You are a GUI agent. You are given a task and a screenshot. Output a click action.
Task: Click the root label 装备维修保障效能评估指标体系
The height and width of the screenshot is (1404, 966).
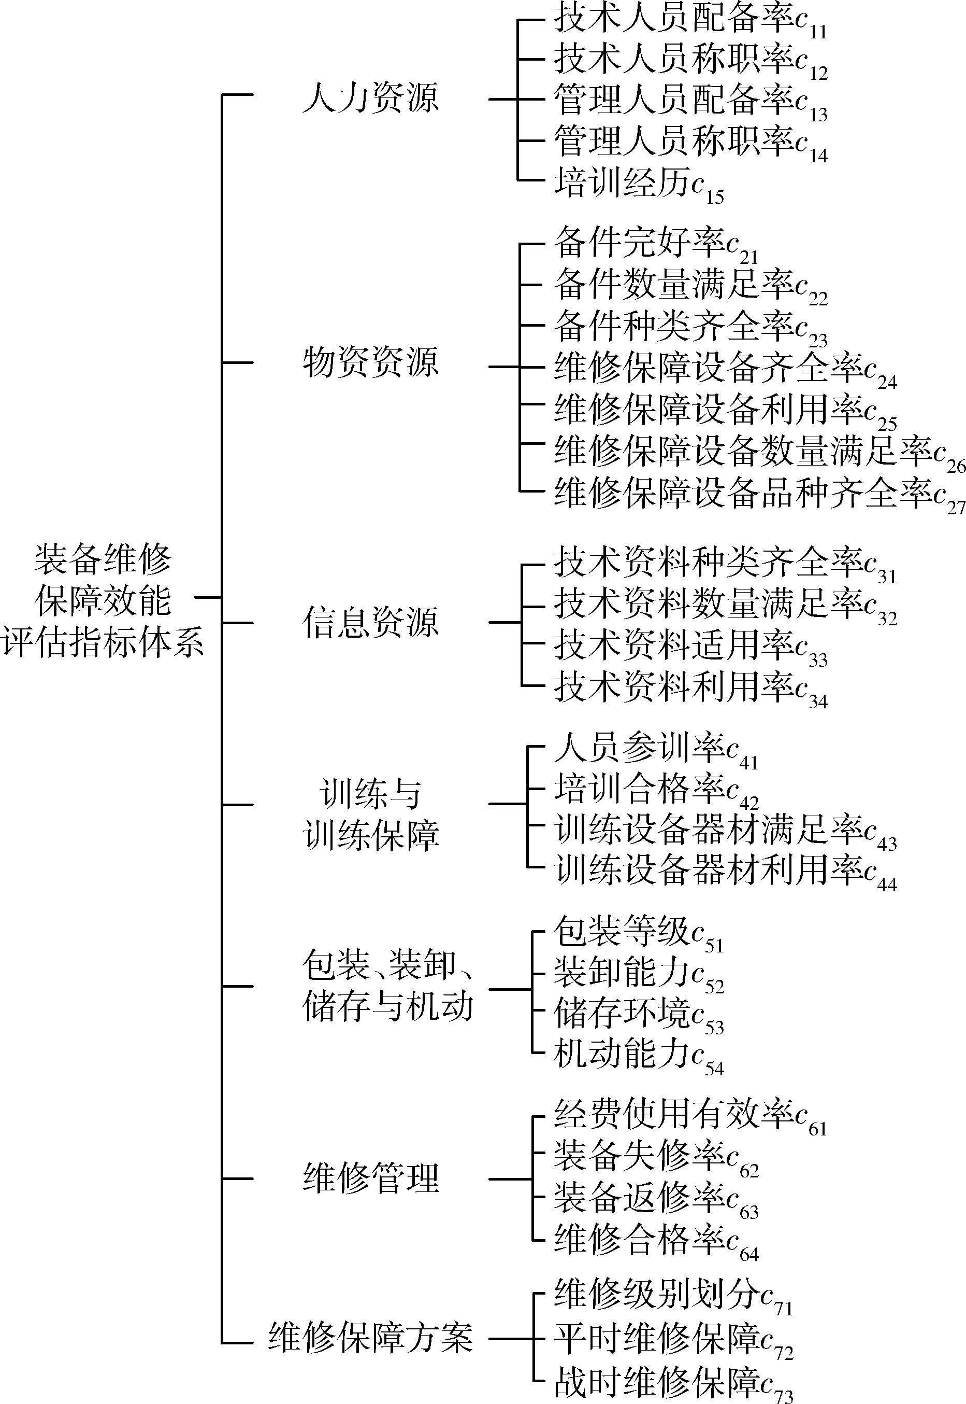click(103, 600)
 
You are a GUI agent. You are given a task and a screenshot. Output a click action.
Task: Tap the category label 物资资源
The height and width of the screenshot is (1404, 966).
click(370, 363)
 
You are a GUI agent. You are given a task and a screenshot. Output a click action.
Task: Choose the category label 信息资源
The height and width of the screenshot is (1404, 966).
click(370, 623)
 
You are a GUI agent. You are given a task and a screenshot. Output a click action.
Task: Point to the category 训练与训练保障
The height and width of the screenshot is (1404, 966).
click(370, 815)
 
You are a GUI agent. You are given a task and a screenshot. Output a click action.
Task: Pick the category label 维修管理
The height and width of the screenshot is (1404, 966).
click(370, 1178)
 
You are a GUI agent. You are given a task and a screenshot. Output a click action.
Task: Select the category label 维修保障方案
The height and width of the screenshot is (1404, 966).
click(370, 1337)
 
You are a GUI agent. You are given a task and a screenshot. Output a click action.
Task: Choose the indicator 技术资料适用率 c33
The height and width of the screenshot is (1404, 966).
click(690, 648)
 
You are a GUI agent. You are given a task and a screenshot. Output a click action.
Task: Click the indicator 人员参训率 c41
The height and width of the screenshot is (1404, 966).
click(656, 751)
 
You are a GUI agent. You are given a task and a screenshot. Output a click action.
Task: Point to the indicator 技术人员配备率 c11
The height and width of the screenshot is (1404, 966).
click(690, 22)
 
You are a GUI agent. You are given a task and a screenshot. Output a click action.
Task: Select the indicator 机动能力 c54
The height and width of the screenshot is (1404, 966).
click(639, 1056)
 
